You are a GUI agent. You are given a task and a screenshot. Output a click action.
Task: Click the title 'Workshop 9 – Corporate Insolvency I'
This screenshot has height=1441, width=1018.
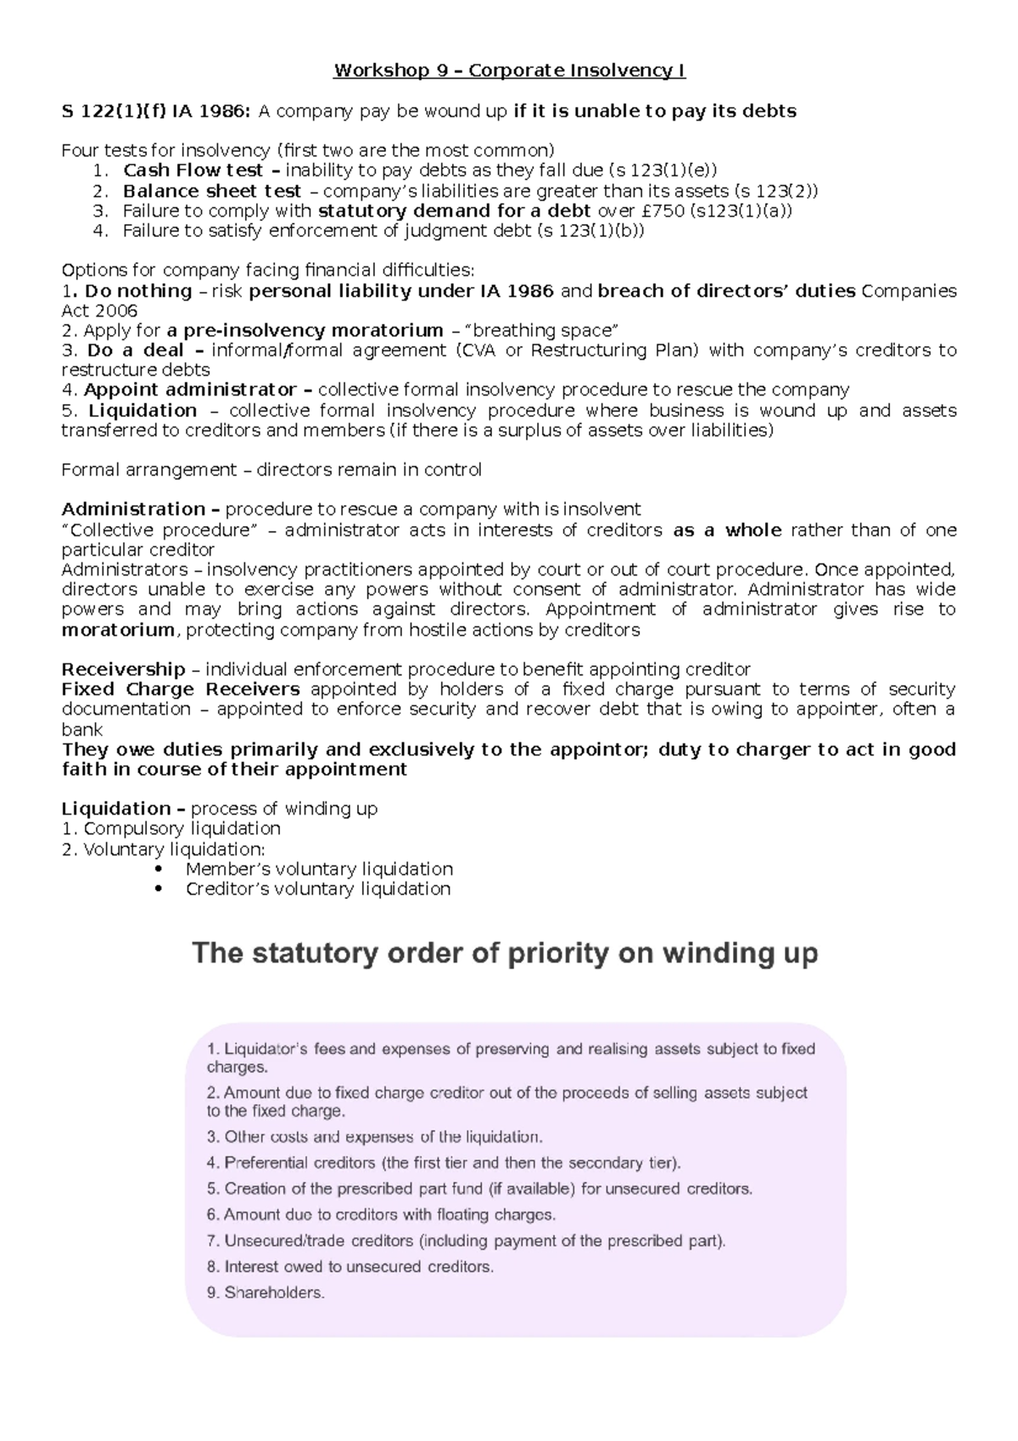[509, 70]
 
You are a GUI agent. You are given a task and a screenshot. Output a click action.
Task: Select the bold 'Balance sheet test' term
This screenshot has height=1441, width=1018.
[211, 191]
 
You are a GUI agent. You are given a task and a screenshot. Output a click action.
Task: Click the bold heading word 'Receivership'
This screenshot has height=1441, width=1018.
[123, 670]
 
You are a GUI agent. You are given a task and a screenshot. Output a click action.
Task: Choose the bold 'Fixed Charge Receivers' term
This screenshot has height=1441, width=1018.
[181, 689]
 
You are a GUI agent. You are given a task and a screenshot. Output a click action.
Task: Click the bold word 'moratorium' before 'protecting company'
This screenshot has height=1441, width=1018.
[118, 630]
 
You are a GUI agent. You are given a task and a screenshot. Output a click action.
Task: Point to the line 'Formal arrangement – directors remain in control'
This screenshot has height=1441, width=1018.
[271, 470]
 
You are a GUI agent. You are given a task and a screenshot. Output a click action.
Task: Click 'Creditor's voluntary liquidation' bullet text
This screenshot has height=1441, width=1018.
[318, 889]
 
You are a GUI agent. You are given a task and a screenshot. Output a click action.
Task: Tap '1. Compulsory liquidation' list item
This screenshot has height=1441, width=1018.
[171, 829]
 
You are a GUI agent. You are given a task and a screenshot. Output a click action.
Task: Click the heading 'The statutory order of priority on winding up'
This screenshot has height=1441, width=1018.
[505, 954]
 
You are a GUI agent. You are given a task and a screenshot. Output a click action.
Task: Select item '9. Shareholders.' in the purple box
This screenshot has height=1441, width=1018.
[266, 1293]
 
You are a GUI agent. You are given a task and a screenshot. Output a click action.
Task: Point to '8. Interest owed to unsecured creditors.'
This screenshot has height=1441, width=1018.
[350, 1267]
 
